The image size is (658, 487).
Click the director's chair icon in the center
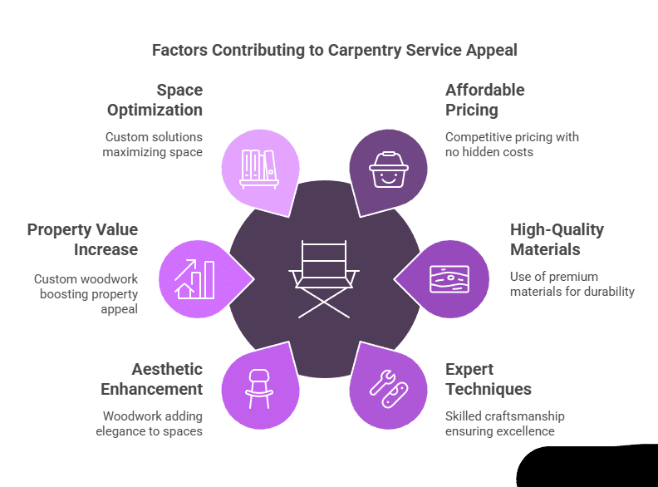click(324, 278)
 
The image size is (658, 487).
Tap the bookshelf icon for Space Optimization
click(258, 167)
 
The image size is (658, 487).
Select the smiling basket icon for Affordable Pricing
click(389, 169)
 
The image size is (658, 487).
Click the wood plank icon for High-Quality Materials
click(450, 278)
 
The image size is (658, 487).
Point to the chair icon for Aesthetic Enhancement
click(259, 388)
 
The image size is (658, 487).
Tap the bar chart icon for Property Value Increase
click(196, 279)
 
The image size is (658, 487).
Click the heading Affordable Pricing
click(485, 100)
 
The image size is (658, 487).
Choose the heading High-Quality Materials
click(557, 239)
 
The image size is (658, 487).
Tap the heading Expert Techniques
click(489, 379)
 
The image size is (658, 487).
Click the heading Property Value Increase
click(82, 239)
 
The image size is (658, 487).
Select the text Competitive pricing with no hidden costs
click(512, 144)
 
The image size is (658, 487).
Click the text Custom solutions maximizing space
click(154, 144)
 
